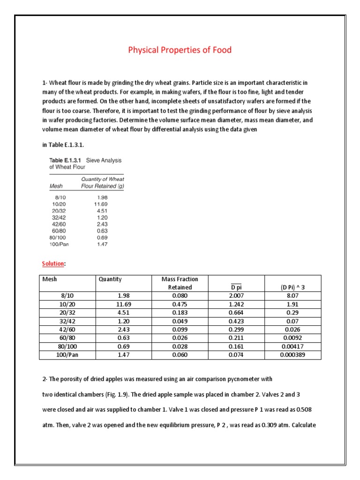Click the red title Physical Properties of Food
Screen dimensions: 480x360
tap(180, 50)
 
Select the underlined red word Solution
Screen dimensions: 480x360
tap(52, 264)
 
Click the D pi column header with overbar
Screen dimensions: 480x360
tap(236, 287)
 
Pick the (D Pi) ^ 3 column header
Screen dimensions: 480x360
tap(292, 287)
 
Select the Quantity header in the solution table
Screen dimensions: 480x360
tap(110, 279)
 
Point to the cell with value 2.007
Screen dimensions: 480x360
tap(236, 296)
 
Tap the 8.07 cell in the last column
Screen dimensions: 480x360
tap(292, 296)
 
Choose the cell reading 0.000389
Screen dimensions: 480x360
tap(292, 355)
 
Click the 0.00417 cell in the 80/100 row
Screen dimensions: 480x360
tap(292, 347)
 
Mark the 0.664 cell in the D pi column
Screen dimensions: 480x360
tap(236, 313)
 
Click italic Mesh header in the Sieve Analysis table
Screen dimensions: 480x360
tap(55, 186)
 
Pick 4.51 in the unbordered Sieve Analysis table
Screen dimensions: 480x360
tap(101, 211)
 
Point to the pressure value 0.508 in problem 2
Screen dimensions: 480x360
tap(303, 410)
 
